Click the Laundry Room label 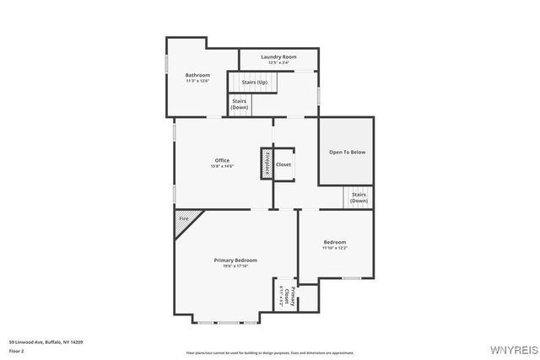[x=278, y=56]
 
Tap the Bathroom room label [x=197, y=75]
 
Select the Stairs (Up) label [x=254, y=83]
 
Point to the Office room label [x=222, y=160]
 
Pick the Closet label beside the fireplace [x=283, y=164]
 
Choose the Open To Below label [x=347, y=152]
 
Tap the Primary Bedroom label [x=235, y=260]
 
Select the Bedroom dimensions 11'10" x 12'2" [x=334, y=248]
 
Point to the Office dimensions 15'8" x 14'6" [x=222, y=166]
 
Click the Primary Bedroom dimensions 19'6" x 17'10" [x=235, y=266]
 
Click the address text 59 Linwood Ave [x=46, y=341]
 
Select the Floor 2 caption [x=18, y=350]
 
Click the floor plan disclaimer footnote [x=270, y=352]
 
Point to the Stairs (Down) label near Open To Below [x=359, y=198]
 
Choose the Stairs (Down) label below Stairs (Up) [x=240, y=105]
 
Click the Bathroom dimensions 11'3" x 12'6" [x=197, y=81]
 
